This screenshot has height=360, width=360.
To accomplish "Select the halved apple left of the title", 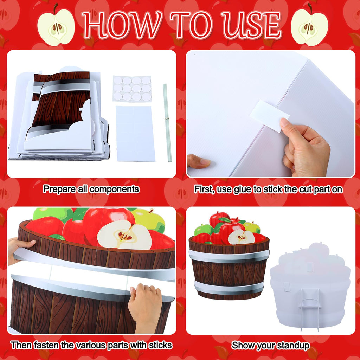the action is tap(56, 26).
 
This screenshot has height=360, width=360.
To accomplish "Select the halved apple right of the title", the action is tap(310, 26).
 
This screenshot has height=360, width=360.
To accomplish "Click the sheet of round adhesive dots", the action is tap(132, 89).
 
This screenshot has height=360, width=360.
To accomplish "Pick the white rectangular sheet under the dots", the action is tap(135, 134).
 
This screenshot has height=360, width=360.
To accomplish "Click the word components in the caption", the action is tap(114, 189).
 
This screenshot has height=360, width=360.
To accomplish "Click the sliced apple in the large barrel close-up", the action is tap(124, 235).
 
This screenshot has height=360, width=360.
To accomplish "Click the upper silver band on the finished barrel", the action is tap(229, 256).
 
